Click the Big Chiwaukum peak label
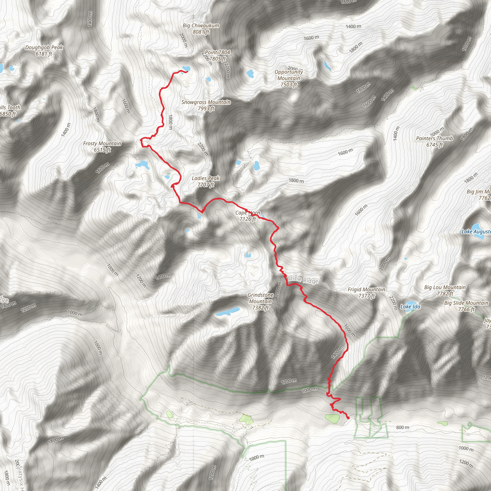pos(201,29)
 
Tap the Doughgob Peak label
pos(44,50)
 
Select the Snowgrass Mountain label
pos(206,105)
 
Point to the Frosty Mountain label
pos(102,147)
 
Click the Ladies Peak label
pos(206,181)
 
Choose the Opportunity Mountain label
pos(289,78)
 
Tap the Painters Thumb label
pos(434,141)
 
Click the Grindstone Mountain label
pos(261,301)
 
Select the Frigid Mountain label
pos(366,292)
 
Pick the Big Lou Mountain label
pos(445,290)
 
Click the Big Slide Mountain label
pos(466,306)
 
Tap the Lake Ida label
pos(410,307)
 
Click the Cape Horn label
pos(247,216)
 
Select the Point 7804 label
pos(217,55)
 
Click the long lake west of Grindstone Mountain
pos(228,312)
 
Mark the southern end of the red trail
pos(348,418)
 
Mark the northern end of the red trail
pos(187,72)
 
